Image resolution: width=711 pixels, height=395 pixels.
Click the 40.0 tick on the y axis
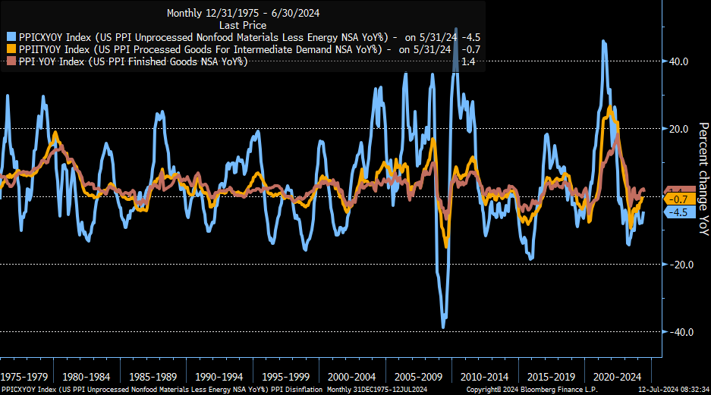(x=678, y=61)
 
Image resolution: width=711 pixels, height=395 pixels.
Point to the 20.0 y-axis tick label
(x=678, y=129)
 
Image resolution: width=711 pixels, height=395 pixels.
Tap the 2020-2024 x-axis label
(x=616, y=376)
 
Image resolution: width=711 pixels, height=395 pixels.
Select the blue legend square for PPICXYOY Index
(x=11, y=36)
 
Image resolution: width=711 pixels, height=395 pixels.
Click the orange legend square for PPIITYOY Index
(x=11, y=49)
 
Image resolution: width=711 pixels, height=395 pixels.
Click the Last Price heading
(x=240, y=24)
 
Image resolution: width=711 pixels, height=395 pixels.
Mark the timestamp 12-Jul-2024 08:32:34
(x=673, y=390)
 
